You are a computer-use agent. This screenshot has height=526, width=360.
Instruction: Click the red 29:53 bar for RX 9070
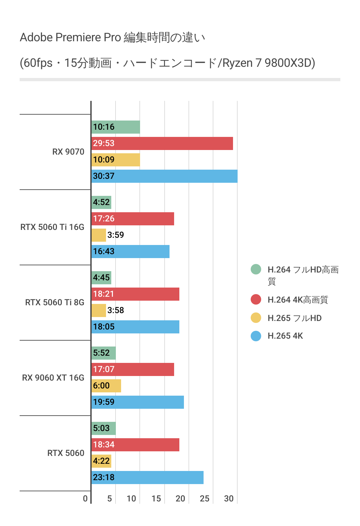(162, 143)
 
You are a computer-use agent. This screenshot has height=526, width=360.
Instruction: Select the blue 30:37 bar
(164, 176)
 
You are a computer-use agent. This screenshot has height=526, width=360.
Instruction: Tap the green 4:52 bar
(101, 202)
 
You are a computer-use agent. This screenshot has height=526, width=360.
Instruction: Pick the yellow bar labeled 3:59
(99, 235)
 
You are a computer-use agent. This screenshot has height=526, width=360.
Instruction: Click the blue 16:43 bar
(131, 252)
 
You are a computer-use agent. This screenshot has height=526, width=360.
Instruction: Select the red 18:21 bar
(135, 294)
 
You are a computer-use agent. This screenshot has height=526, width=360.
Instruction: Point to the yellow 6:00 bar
(106, 386)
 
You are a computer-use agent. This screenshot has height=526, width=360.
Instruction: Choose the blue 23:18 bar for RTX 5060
(148, 478)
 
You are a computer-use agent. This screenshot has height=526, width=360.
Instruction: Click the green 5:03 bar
(104, 428)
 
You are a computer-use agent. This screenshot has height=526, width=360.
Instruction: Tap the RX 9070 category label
(68, 152)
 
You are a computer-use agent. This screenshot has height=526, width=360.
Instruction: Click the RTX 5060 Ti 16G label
(52, 227)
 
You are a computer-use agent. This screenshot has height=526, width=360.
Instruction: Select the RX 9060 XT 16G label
(53, 378)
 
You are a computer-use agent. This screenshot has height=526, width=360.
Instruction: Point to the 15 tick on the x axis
(156, 499)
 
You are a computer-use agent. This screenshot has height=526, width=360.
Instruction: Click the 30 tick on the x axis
(229, 499)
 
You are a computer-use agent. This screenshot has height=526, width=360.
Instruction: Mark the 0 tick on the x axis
(85, 499)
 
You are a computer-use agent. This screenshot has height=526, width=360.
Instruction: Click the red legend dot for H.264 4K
(256, 299)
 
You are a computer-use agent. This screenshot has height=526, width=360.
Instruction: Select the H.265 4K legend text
(285, 336)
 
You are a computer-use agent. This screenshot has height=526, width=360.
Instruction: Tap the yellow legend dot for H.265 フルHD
(256, 318)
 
